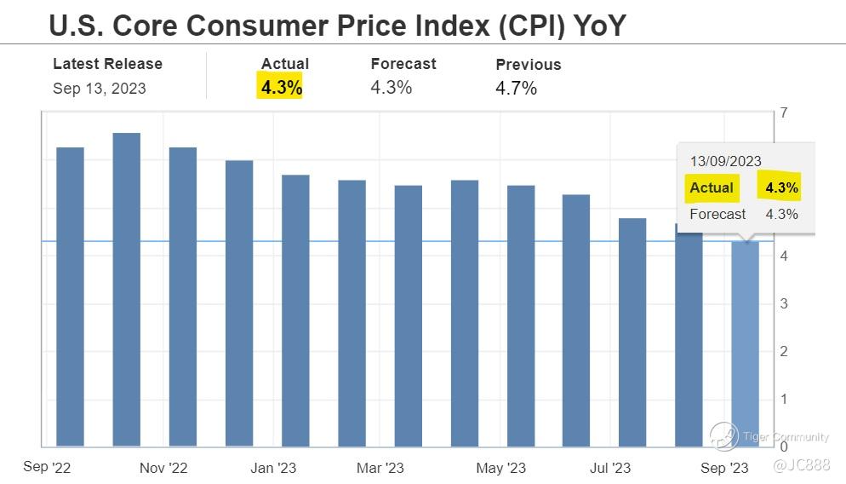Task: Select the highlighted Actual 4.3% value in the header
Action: [x=282, y=87]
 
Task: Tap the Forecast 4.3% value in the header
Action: [x=391, y=87]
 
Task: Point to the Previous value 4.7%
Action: [x=516, y=88]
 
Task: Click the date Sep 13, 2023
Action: [x=99, y=89]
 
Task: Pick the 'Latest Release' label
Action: [x=107, y=64]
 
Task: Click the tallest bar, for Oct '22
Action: [x=127, y=290]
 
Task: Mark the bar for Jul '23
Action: [x=632, y=332]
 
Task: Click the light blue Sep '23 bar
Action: [x=746, y=341]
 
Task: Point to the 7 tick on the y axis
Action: [x=783, y=113]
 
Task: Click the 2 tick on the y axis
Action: [x=783, y=351]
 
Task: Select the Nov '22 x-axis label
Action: [x=163, y=468]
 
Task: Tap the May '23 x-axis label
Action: [x=501, y=468]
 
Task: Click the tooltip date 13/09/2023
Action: [x=725, y=161]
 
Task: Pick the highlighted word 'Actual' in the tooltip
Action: [x=712, y=188]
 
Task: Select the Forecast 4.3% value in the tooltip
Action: [x=781, y=215]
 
